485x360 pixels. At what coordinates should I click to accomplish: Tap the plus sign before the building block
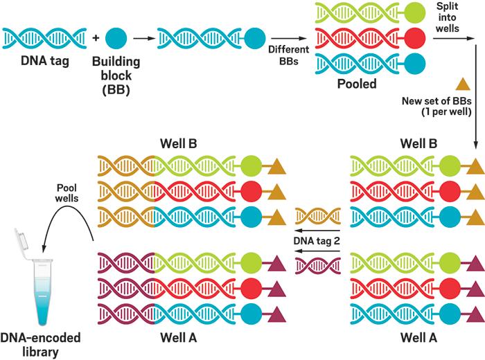96,37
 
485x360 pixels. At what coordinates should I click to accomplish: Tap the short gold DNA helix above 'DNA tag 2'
317,217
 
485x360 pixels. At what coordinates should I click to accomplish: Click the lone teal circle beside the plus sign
116,37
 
